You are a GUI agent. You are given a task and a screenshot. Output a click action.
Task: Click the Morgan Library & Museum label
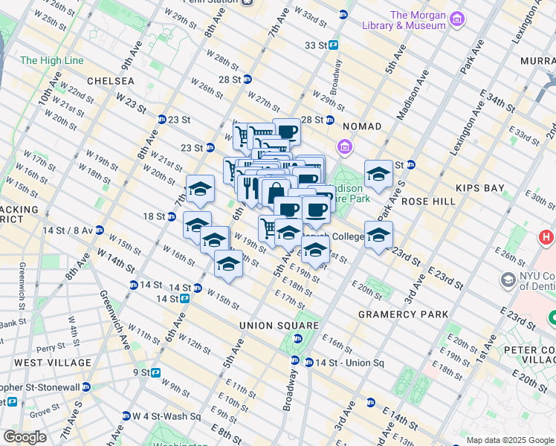pyautogui.click(x=418, y=20)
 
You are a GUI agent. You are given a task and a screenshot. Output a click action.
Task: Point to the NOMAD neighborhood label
pyautogui.click(x=362, y=127)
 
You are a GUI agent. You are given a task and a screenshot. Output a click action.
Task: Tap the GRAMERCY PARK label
pyautogui.click(x=403, y=314)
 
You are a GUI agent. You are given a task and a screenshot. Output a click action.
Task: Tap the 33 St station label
pyautogui.click(x=316, y=45)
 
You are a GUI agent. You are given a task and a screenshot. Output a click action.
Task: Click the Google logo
pyautogui.click(x=25, y=437)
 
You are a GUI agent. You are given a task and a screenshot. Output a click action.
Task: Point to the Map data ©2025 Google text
pyautogui.click(x=509, y=440)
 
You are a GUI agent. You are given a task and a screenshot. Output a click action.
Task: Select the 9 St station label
pyautogui.click(x=141, y=372)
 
